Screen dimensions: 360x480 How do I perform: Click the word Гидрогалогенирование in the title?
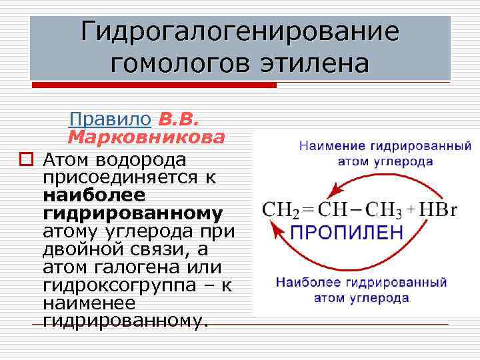click(240, 32)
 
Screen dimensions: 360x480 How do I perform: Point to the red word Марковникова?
click(146, 137)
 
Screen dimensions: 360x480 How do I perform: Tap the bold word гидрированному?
click(132, 213)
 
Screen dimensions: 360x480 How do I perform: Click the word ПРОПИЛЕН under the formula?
click(347, 233)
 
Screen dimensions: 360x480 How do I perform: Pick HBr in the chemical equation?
click(439, 209)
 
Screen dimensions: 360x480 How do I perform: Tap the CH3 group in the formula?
click(383, 209)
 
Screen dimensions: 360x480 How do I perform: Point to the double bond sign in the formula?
click(307, 209)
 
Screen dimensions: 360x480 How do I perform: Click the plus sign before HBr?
click(412, 209)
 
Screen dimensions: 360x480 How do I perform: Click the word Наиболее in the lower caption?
click(309, 283)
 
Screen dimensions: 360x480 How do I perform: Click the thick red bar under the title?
click(153, 85)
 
